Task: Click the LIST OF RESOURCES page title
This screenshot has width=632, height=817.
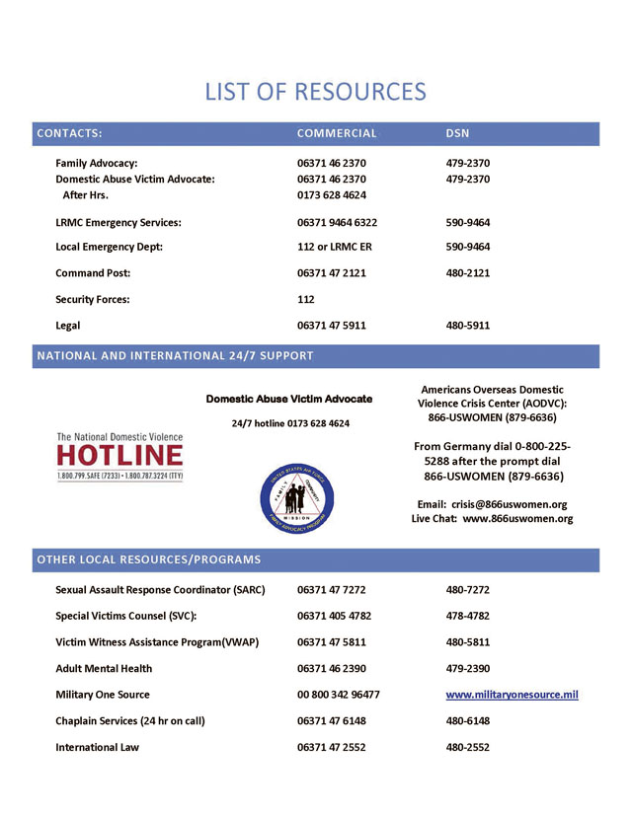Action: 315,92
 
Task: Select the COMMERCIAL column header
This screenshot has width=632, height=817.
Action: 337,133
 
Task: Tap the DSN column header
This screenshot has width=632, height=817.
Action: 457,133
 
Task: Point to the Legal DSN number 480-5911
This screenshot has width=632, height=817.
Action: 468,326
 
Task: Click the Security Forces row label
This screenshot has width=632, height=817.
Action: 93,299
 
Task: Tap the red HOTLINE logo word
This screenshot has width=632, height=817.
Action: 119,456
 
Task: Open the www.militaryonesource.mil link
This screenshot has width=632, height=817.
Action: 512,695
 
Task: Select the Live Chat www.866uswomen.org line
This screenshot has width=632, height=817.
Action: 492,519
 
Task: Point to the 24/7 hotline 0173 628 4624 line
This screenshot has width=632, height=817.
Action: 289,423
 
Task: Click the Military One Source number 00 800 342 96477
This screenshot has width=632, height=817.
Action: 338,695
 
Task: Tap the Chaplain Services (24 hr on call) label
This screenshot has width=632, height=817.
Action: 130,721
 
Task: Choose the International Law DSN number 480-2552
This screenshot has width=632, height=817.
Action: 468,748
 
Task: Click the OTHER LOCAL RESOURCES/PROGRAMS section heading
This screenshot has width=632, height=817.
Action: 149,560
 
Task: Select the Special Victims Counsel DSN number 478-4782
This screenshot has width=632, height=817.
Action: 468,617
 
